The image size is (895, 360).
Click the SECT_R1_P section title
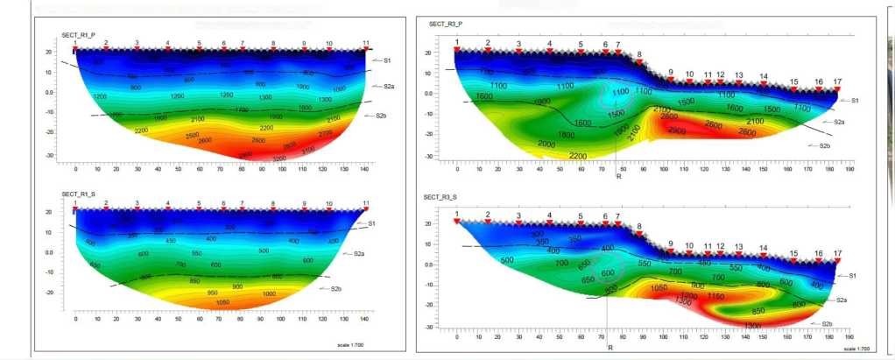pos(78,34)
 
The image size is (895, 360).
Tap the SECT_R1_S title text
pos(78,194)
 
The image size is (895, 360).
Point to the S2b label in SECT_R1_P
pos(381,116)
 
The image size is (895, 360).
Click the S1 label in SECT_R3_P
pos(853,101)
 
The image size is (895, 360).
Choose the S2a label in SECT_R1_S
pos(359,254)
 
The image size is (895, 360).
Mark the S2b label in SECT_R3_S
pos(827,324)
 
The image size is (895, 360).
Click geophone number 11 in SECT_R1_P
pos(366,42)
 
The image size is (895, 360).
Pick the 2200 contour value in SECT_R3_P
pos(578,156)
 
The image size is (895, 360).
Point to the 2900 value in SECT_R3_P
pos(675,131)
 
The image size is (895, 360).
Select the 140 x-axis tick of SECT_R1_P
pos(363,169)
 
